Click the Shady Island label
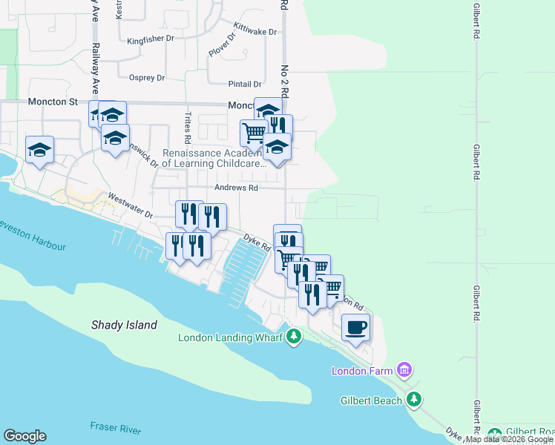pyautogui.click(x=124, y=325)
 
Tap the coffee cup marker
pyautogui.click(x=356, y=327)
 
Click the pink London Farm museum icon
pyautogui.click(x=404, y=369)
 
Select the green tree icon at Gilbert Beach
pyautogui.click(x=414, y=400)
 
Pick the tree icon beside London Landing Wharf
pyautogui.click(x=294, y=337)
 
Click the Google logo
pyautogui.click(x=24, y=436)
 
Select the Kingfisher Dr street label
pyautogui.click(x=150, y=41)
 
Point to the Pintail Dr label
pyautogui.click(x=247, y=85)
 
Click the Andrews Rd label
pyautogui.click(x=236, y=188)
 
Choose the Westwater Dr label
pyautogui.click(x=130, y=206)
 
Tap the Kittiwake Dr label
pyautogui.click(x=254, y=32)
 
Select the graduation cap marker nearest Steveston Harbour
pyautogui.click(x=39, y=150)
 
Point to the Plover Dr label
pyautogui.click(x=222, y=44)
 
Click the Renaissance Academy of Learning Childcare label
pyautogui.click(x=214, y=158)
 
